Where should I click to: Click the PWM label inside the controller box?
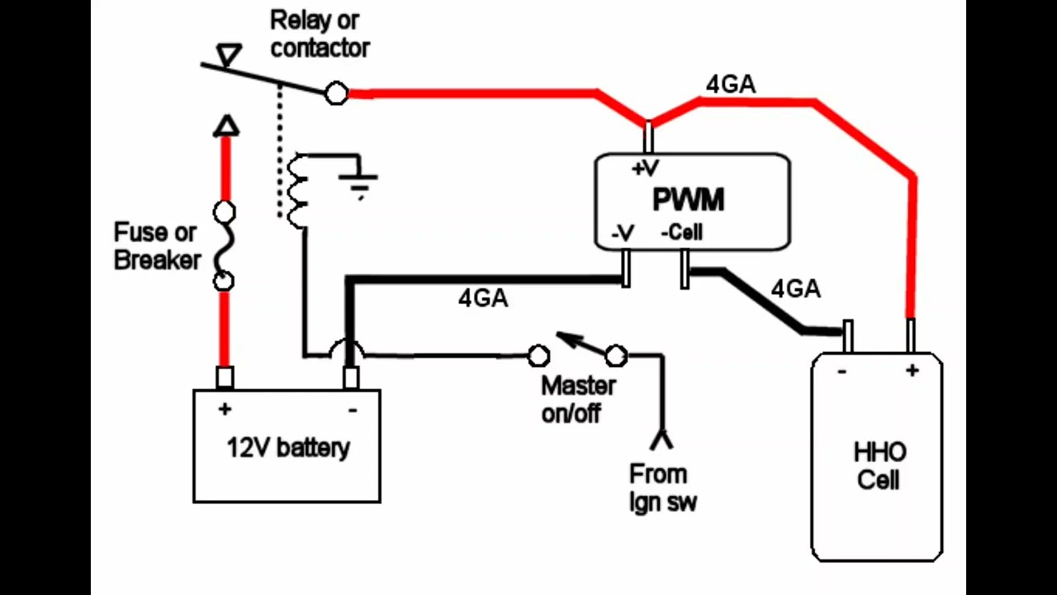(x=688, y=199)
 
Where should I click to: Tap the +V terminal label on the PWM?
(x=645, y=168)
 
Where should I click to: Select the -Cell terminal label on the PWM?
(x=682, y=232)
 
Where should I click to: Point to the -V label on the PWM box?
(x=623, y=233)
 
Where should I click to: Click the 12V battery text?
(x=288, y=448)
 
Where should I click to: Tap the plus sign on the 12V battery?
(x=225, y=409)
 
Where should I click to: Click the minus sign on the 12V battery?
(x=353, y=411)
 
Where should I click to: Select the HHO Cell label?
(x=879, y=467)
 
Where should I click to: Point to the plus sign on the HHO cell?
(x=912, y=371)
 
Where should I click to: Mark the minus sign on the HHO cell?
(x=841, y=372)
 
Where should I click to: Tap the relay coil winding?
(x=297, y=191)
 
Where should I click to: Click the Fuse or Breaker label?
(x=157, y=246)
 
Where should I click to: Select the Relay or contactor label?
(x=320, y=34)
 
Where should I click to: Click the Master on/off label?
(x=579, y=399)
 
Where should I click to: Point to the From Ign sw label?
(x=662, y=488)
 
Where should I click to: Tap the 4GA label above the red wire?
(x=731, y=84)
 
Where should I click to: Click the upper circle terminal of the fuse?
(x=225, y=212)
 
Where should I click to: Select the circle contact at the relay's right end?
(x=336, y=93)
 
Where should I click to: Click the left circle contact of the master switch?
(x=538, y=356)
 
